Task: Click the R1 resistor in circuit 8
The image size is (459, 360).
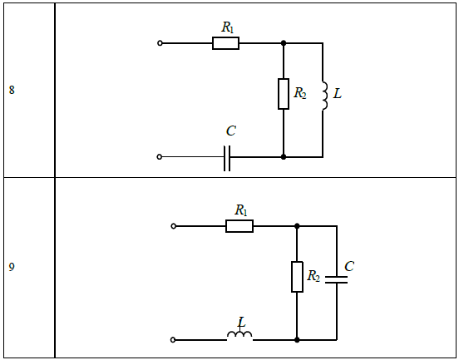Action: click(x=225, y=43)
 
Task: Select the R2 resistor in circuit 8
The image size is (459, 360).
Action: click(x=284, y=94)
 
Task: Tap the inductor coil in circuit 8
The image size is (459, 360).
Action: click(x=324, y=96)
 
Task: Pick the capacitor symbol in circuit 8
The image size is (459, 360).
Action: click(x=227, y=158)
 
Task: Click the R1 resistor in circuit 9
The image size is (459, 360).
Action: click(x=239, y=226)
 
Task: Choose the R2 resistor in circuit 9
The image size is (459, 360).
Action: click(x=297, y=277)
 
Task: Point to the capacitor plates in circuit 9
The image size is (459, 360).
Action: click(x=336, y=279)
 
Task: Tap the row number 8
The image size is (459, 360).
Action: click(x=12, y=90)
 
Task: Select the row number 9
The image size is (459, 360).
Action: click(x=12, y=267)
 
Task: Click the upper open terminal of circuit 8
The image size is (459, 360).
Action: click(x=160, y=43)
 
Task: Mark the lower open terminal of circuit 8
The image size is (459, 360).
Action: click(x=160, y=157)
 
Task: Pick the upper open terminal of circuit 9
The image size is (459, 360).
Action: click(x=173, y=226)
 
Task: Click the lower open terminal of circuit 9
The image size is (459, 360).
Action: click(x=173, y=340)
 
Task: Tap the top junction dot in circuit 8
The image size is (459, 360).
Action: click(x=284, y=43)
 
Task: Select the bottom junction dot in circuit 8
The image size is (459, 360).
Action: click(x=284, y=157)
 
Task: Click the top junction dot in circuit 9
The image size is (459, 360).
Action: click(x=297, y=226)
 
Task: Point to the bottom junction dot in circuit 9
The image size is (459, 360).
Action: click(x=297, y=340)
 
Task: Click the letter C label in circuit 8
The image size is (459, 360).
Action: click(x=231, y=131)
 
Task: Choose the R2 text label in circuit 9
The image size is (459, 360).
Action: click(x=313, y=276)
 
